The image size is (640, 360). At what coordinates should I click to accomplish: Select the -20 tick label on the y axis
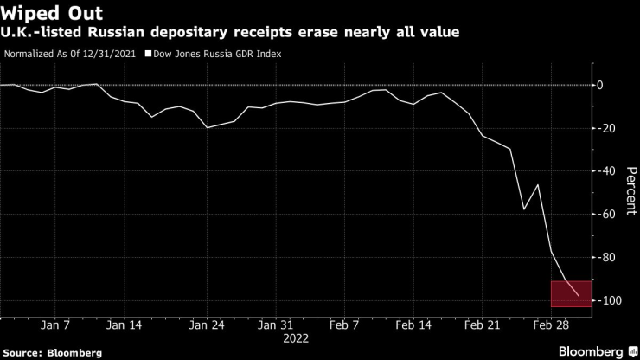pos(607,128)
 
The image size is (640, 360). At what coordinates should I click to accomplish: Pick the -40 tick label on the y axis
pos(607,171)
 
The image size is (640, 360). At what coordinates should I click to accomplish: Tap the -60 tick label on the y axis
pos(607,214)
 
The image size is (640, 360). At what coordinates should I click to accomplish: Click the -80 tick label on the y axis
pos(607,257)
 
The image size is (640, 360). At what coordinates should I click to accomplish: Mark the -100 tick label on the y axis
pos(610,300)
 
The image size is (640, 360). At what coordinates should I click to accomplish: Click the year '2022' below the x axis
pos(296,339)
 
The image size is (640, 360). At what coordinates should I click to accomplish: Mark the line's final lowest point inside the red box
pos(578,296)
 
